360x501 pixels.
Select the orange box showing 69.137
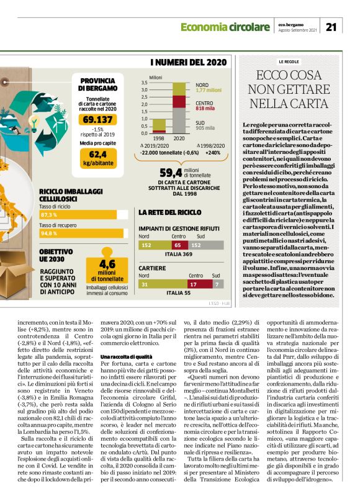(x=97, y=119)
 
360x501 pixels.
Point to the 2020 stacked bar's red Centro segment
(x=179, y=102)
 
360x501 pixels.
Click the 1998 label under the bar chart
(x=158, y=138)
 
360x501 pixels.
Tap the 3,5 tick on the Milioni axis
(x=144, y=83)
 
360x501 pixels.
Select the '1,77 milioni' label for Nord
(x=209, y=91)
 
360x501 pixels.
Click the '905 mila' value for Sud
(x=205, y=129)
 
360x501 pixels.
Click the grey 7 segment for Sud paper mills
(x=217, y=284)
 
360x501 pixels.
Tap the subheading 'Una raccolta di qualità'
(x=127, y=356)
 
